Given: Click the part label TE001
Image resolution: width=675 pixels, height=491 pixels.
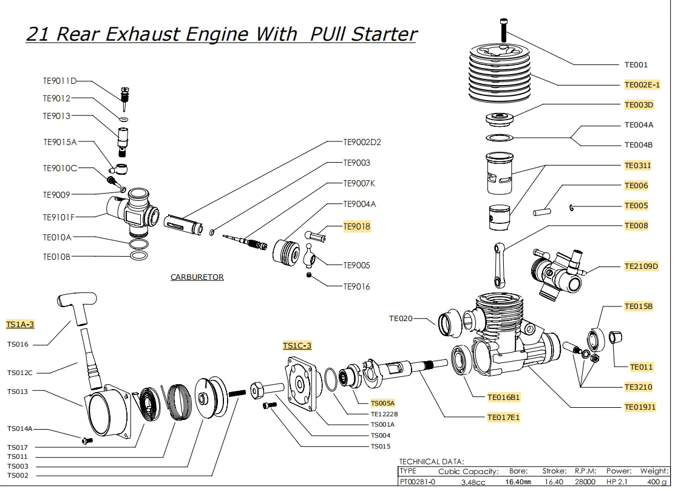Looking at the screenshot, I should [636, 64].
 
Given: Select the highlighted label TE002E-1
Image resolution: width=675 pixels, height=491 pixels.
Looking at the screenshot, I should [642, 85].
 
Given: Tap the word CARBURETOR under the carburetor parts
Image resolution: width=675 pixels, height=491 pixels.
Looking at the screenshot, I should [197, 277].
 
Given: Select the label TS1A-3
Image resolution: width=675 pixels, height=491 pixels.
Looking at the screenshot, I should [20, 325].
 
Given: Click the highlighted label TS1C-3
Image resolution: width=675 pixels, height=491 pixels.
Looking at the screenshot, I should [297, 346].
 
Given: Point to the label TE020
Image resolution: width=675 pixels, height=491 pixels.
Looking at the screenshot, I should [401, 318].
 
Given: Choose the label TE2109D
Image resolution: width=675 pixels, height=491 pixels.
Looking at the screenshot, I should [641, 266].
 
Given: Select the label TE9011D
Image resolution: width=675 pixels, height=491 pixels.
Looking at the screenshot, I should [59, 81].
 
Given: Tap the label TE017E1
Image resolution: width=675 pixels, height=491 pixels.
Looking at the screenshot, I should [503, 418].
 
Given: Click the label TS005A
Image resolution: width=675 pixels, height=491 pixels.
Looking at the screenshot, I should [382, 403].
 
